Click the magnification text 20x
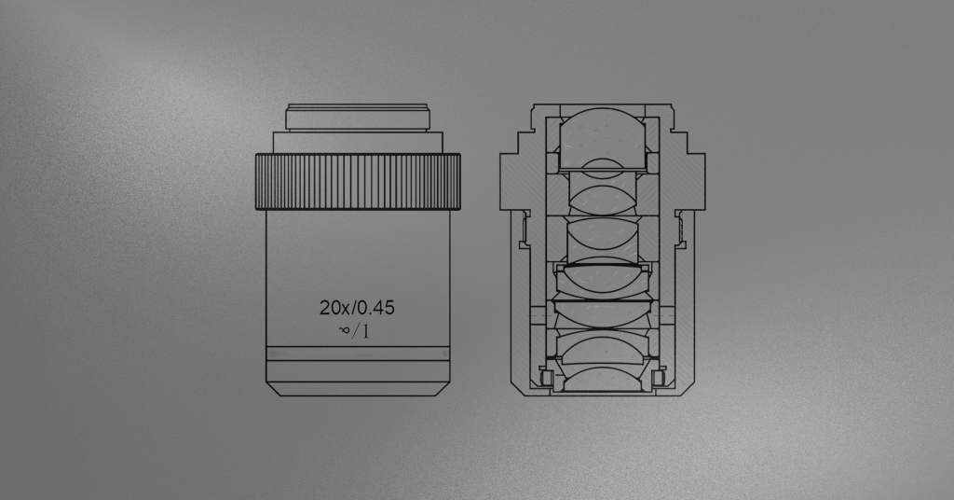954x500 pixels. coord(333,307)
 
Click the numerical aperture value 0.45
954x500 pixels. coord(375,307)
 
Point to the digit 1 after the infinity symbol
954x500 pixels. coord(366,330)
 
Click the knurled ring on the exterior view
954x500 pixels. coord(358,182)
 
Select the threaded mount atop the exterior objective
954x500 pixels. coord(358,118)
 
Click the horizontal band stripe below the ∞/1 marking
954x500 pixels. coord(358,354)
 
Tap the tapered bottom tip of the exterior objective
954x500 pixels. coord(358,388)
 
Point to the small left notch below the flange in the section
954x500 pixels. coord(525,229)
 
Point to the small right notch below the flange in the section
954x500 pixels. coord(681,229)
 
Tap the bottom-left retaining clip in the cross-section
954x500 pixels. coord(546,379)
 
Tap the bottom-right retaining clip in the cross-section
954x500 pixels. coord(660,379)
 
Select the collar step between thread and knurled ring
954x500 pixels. coord(358,142)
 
